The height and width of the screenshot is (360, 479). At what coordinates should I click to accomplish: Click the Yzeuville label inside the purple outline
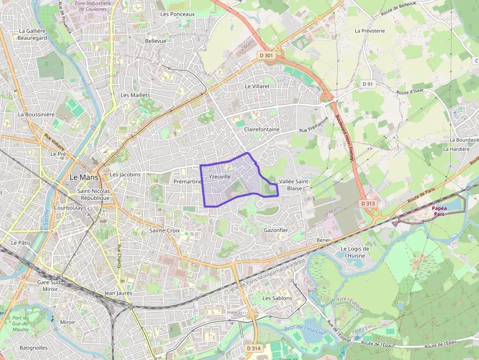coord(219,176)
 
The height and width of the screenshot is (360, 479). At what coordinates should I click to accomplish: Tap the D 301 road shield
coord(266,56)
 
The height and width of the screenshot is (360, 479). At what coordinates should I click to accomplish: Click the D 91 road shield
coord(368,84)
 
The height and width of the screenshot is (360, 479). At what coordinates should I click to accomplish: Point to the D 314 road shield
coord(254,348)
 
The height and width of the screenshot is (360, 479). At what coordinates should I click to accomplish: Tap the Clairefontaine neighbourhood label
coord(262,129)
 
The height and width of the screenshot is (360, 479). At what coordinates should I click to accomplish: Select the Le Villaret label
coord(257,86)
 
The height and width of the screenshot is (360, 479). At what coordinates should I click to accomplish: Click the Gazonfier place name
coord(276,230)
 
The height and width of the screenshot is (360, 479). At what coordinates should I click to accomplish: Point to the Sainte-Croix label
coord(165,230)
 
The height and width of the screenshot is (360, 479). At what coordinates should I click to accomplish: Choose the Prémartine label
coord(188,181)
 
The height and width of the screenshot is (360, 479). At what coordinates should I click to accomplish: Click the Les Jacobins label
coord(125,174)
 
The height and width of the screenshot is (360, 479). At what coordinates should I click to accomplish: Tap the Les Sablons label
coord(277,298)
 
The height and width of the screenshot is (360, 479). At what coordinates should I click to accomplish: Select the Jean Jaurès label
coord(118,293)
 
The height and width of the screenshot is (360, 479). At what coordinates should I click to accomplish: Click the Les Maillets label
coord(135,95)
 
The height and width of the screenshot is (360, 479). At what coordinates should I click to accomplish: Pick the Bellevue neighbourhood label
coord(155,41)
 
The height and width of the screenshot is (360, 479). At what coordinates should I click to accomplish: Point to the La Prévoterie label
coord(370,31)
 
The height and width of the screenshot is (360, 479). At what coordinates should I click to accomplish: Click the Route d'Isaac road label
coord(410,91)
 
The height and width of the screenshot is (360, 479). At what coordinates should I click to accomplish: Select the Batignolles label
coord(34,348)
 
